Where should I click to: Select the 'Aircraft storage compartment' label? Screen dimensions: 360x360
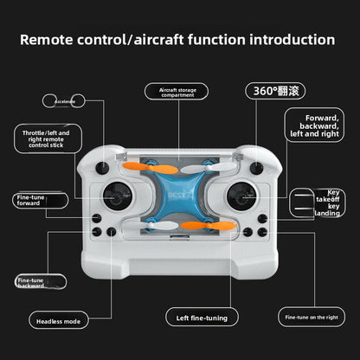[x=178, y=93]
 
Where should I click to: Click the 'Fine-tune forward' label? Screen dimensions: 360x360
[x=33, y=201]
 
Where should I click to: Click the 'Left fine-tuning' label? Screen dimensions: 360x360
[x=202, y=318]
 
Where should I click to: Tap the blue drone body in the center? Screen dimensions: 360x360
[x=179, y=197]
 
